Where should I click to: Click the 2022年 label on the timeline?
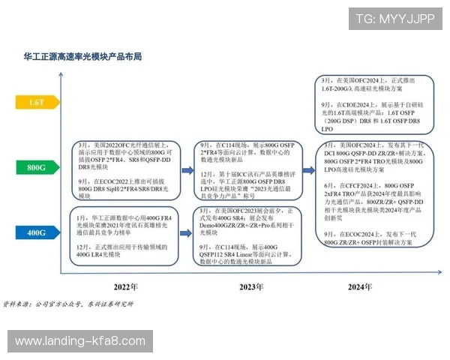(x=125, y=286)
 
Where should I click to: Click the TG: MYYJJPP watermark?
(x=394, y=19)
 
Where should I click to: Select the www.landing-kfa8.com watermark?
(x=80, y=341)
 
